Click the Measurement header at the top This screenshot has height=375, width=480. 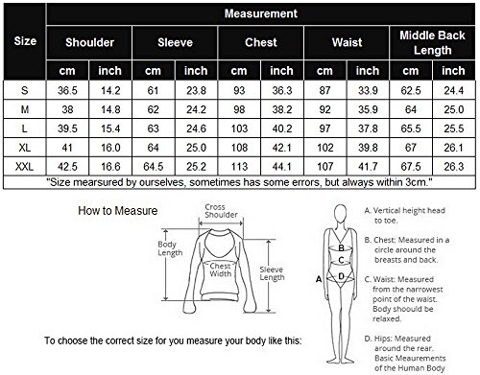pos(261,13)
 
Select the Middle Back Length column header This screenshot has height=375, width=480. pos(432,42)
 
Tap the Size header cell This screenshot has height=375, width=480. pos(25,41)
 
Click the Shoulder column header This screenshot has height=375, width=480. pos(89,42)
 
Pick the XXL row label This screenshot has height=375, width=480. pos(24,167)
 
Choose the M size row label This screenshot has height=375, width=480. pos(25,109)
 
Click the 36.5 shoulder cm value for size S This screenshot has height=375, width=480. pos(67,90)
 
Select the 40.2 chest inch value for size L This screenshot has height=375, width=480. pos(282,129)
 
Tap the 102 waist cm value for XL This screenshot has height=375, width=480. pos(325,148)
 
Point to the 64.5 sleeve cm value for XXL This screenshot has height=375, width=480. pos(154,167)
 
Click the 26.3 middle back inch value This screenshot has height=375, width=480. pos(454,167)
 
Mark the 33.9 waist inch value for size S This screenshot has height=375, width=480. pos(368,90)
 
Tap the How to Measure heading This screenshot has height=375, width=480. pos(118,211)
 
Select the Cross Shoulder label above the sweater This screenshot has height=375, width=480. pos(221,211)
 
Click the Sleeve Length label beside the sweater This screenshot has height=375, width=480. pos(272,273)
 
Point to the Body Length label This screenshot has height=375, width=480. pos(170,248)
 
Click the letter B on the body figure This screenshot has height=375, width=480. pos(342,247)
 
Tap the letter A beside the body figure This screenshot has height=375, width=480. pos(319,279)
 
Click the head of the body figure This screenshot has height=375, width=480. pos(341,215)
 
